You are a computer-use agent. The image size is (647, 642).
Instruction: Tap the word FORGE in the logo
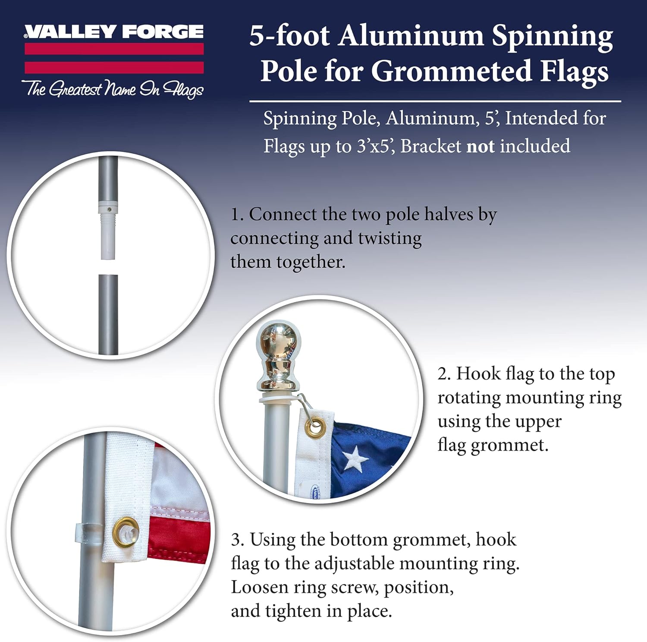163,32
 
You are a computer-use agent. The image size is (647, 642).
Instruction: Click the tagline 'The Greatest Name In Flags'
113,89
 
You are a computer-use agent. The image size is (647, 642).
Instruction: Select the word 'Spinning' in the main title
552,37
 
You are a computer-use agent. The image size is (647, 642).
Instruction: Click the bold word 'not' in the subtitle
481,146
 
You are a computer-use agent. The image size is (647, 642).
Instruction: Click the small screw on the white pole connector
109,210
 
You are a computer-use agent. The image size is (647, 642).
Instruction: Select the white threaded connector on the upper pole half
108,235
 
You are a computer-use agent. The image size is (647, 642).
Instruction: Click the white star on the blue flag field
355,458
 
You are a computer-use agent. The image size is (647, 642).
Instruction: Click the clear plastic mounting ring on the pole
90,534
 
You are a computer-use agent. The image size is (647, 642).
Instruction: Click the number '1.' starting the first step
237,215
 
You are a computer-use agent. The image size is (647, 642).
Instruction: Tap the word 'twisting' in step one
389,238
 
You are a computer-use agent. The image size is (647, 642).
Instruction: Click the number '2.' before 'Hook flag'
444,374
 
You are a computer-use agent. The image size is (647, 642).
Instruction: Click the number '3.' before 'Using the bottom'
237,540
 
